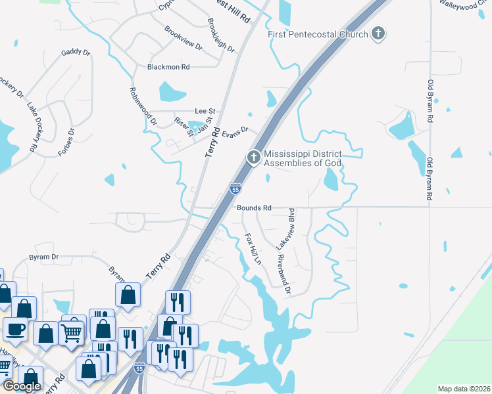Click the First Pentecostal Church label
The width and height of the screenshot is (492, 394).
[x=317, y=33]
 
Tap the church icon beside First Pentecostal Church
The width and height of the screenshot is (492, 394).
[x=378, y=33]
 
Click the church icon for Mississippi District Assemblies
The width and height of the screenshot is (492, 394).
[x=253, y=158]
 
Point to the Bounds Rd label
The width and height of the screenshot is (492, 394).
[x=254, y=208]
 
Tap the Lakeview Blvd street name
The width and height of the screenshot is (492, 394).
[x=291, y=229]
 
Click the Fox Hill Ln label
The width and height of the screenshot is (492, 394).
[x=253, y=248]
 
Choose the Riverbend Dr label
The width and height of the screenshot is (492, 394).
[x=283, y=274]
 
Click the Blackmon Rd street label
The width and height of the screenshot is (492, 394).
[x=168, y=67]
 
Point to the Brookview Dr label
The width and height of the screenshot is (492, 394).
[x=184, y=38]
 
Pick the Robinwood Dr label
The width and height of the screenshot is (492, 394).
[x=143, y=106]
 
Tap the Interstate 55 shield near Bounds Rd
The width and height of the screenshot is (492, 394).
[x=235, y=189]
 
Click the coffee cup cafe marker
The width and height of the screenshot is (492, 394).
[x=15, y=328]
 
